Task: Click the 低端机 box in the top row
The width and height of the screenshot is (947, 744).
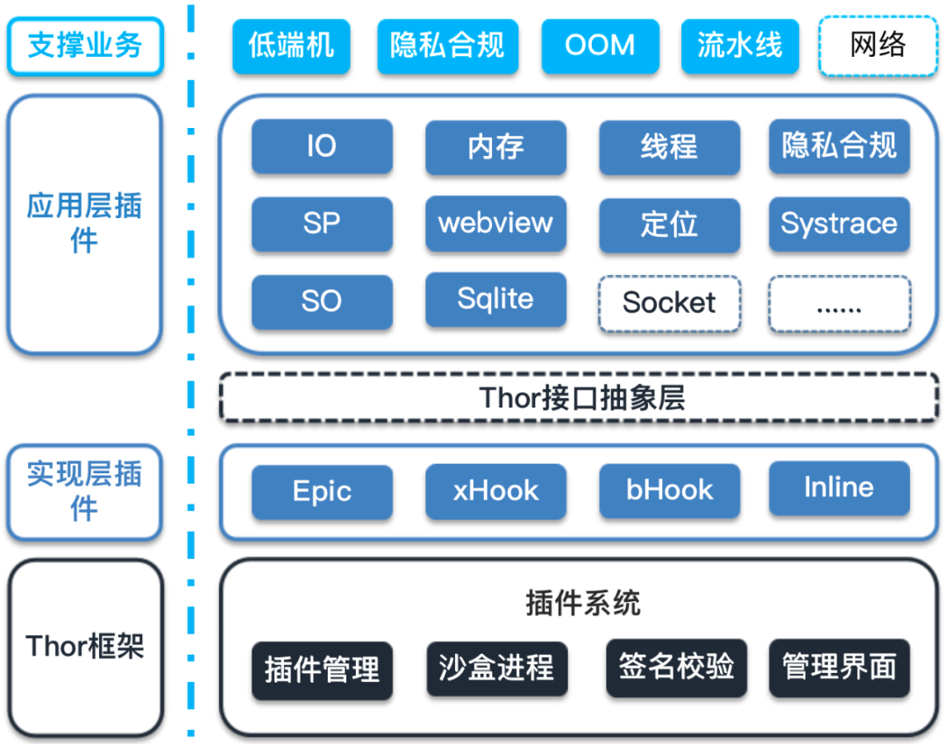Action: [291, 46]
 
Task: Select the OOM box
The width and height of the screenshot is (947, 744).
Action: [600, 46]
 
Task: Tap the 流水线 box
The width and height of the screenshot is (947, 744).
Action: [739, 46]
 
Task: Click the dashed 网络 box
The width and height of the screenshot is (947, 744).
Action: [877, 46]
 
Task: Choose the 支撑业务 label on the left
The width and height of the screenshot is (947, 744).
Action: [85, 46]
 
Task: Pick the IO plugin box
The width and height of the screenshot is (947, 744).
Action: [321, 146]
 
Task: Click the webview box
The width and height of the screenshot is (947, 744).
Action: [495, 223]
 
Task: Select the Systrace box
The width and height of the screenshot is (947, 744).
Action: [839, 223]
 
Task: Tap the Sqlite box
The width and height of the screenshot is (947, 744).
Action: [495, 300]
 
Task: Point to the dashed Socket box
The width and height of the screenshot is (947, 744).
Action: [669, 303]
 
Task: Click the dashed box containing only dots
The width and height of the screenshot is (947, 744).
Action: [839, 304]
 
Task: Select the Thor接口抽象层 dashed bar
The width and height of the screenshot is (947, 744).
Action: [580, 398]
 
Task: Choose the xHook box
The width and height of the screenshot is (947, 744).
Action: [495, 491]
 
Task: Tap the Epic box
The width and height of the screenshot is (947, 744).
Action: [321, 491]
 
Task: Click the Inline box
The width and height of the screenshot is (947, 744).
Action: [839, 488]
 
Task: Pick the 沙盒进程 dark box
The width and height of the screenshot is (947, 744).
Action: [496, 670]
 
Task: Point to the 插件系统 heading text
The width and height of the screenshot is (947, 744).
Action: [583, 603]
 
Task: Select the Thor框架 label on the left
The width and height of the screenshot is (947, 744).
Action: [85, 647]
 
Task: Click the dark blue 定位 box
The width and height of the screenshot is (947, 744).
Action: [669, 224]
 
